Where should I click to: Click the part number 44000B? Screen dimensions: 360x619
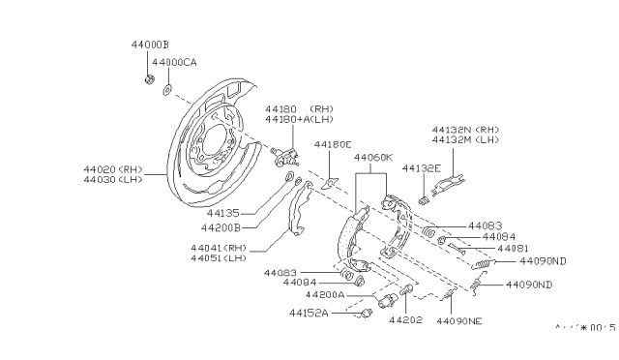click(x=149, y=45)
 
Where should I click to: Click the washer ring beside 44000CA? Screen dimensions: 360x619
click(x=167, y=90)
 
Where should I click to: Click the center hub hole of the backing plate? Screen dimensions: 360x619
click(x=211, y=143)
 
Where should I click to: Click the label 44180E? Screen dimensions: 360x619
click(x=332, y=145)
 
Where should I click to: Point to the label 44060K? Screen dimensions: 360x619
click(x=372, y=157)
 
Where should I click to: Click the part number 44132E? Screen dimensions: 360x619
click(x=422, y=168)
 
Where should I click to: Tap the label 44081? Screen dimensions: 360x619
click(x=512, y=249)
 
